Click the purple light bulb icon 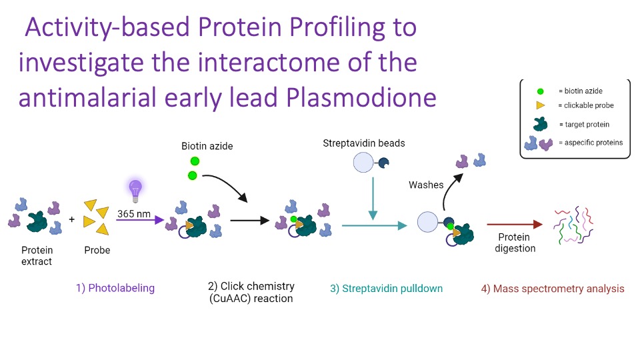pyautogui.click(x=135, y=190)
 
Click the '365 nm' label pyautogui.click(x=133, y=214)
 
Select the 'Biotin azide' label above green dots pyautogui.click(x=207, y=145)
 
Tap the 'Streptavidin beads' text pyautogui.click(x=363, y=143)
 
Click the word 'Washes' pyautogui.click(x=425, y=185)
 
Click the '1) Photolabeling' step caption pyautogui.click(x=115, y=288)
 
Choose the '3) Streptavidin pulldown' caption pyautogui.click(x=386, y=289)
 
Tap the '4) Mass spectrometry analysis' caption pyautogui.click(x=552, y=289)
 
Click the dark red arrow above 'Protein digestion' pyautogui.click(x=514, y=225)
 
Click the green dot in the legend pyautogui.click(x=539, y=91)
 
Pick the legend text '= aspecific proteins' pyautogui.click(x=590, y=142)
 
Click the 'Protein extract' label pyautogui.click(x=37, y=256)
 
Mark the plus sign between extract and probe pyautogui.click(x=72, y=218)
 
